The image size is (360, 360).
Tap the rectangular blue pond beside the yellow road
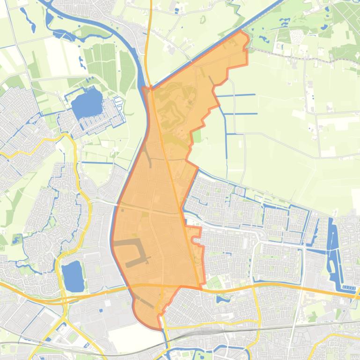coord(73,276)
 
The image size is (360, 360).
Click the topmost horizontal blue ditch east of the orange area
coord(236,95)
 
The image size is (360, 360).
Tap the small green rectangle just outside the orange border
coord(197,136)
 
